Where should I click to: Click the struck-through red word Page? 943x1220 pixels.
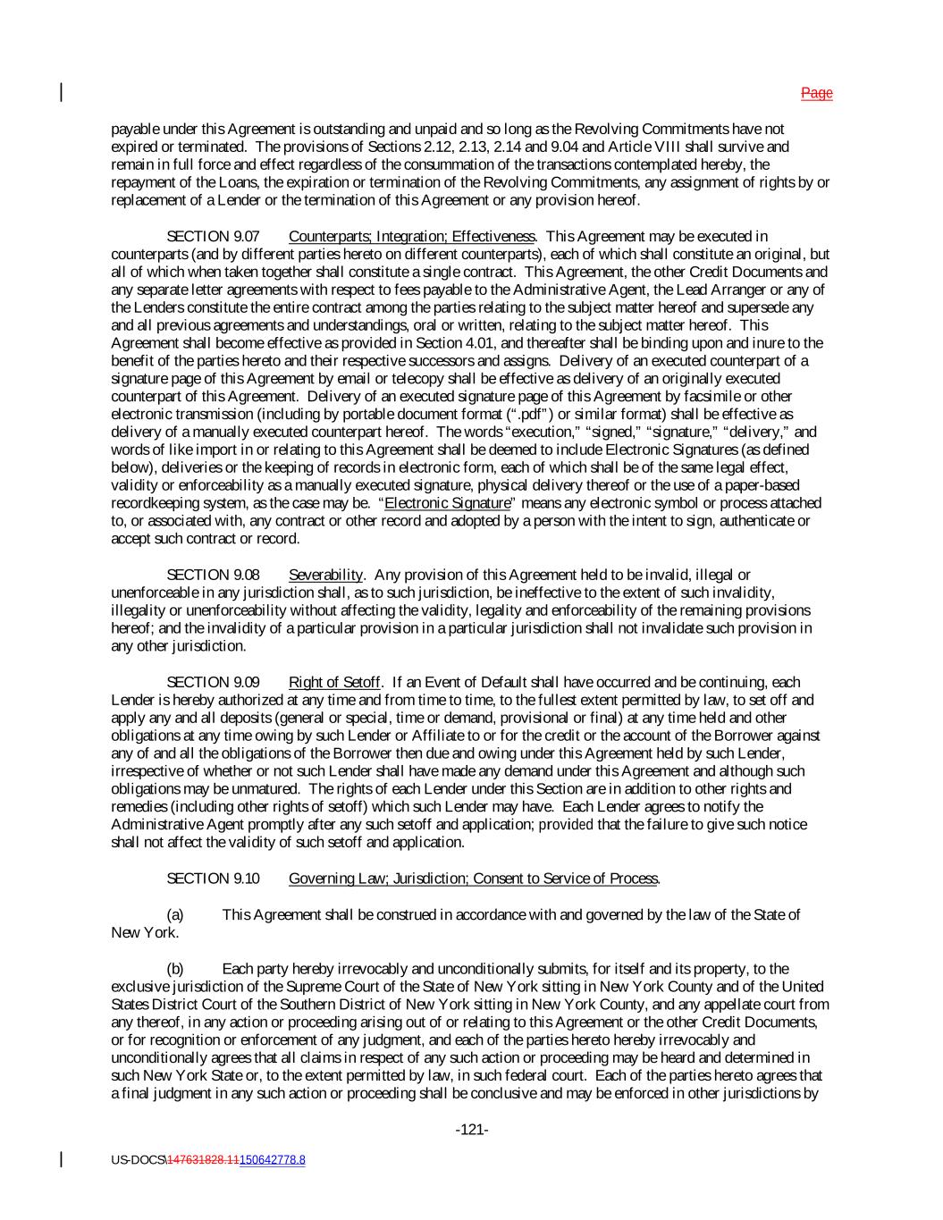(x=816, y=93)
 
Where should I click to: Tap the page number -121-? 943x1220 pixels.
(x=471, y=1130)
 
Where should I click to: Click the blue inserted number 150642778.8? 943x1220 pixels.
(x=272, y=1160)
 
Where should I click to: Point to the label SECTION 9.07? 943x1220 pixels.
(x=213, y=236)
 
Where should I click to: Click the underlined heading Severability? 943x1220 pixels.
(x=325, y=575)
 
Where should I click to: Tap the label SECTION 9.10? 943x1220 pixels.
(x=213, y=879)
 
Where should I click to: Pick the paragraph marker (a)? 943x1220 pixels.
(x=175, y=914)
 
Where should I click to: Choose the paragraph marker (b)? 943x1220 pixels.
(x=175, y=969)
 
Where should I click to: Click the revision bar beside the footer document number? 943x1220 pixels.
(x=62, y=1159)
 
